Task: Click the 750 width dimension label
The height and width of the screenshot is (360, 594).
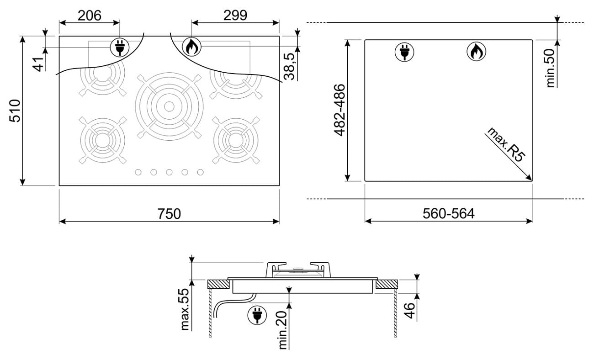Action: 169,214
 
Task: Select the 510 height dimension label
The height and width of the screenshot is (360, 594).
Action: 15,111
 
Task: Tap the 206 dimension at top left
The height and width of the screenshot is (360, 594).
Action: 90,16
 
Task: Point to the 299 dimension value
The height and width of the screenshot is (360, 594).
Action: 235,16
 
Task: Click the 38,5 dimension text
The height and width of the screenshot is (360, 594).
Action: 289,66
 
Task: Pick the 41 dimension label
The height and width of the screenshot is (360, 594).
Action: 38,64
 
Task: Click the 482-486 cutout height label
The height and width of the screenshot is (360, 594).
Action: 339,110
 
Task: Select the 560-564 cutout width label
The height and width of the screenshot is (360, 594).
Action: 448,214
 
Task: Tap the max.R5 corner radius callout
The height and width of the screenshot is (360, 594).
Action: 506,144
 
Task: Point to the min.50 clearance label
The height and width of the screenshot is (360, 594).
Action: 550,68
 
